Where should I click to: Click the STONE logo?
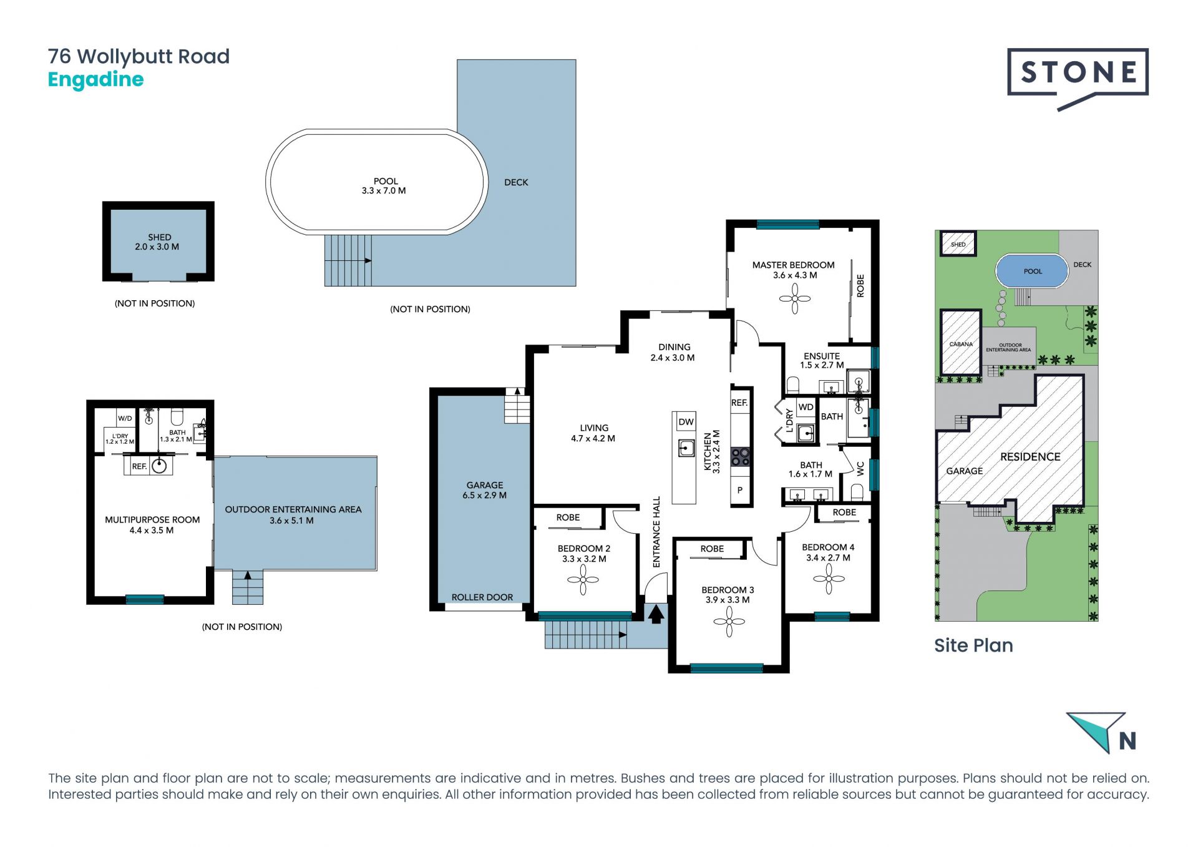coord(1078,79)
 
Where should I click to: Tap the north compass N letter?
coord(1127,741)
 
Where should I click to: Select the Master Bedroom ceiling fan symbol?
coord(795,298)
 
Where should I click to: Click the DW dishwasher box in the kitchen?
coord(686,422)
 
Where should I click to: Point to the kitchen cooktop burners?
coord(741,457)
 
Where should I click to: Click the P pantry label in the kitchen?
coord(740,490)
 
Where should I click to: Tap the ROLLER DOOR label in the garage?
coord(482,597)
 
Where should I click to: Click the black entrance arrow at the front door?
coord(656,614)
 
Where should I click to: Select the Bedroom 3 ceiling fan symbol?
coord(729,621)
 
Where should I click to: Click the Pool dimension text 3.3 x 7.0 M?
coord(384,191)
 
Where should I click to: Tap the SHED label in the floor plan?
coord(160,237)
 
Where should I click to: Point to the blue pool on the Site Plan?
coord(1032,272)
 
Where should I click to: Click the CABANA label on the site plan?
coord(961,345)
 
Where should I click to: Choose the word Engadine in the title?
coord(96,80)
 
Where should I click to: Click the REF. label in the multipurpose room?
coord(139,466)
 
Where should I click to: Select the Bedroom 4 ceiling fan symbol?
coord(829,579)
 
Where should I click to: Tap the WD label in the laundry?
coord(806,407)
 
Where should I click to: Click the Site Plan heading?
coord(973,645)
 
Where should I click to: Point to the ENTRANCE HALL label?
coord(656,532)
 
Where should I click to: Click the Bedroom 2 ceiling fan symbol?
coord(583,580)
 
